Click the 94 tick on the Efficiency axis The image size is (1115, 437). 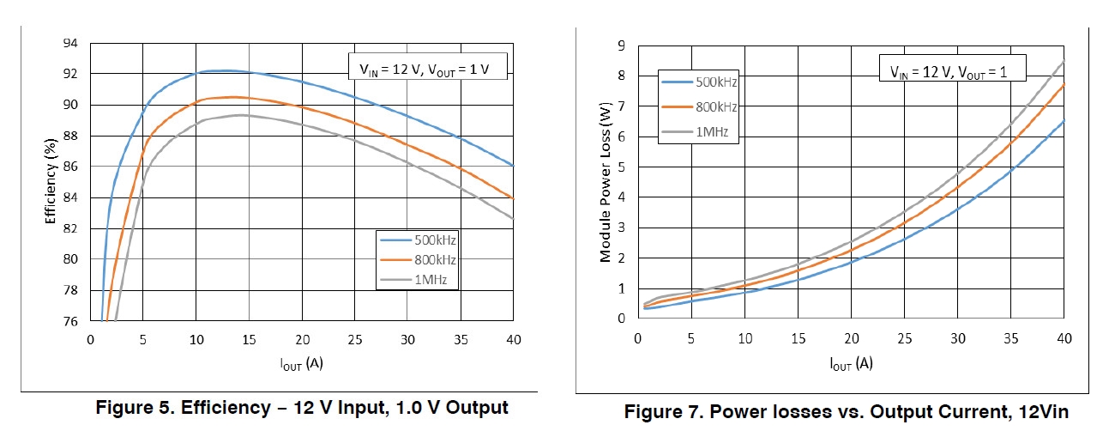pos(70,43)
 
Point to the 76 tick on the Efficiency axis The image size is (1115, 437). pos(70,321)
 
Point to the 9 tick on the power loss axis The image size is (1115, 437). pos(621,46)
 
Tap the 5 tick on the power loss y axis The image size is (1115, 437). pos(621,167)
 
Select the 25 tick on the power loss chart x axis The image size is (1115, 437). pos(904,339)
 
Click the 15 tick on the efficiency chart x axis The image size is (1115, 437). pos(249,339)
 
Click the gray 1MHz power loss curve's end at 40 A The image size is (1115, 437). pos(1064,62)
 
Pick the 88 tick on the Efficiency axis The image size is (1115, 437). pos(70,136)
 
